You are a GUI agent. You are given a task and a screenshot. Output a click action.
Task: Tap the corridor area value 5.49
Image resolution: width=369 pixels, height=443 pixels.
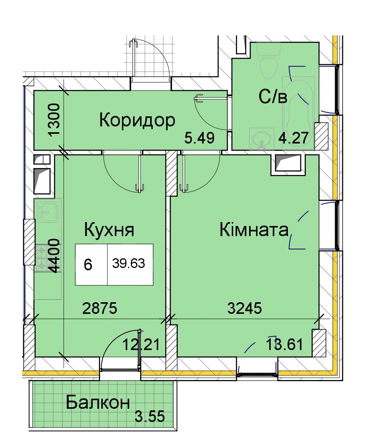(199, 138)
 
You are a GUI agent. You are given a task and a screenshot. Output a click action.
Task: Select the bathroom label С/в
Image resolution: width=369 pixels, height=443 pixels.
(273, 96)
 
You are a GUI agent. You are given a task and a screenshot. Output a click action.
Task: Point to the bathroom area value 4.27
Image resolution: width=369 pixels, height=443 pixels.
(293, 138)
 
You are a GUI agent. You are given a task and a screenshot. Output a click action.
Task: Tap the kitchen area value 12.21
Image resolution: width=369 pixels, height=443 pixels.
(141, 344)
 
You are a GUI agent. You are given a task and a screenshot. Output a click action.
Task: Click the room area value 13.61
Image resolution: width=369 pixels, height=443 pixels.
(284, 344)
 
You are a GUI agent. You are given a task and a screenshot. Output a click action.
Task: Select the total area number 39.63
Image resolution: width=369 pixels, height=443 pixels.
(128, 263)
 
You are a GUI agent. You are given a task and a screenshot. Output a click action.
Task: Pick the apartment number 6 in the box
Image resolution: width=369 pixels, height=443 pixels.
(88, 265)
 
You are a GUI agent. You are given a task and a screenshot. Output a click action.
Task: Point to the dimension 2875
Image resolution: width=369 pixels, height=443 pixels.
(99, 308)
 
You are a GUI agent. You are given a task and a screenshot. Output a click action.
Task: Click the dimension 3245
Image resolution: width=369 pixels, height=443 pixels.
(244, 308)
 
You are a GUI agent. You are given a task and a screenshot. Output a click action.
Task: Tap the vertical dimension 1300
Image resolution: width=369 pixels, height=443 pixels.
(54, 119)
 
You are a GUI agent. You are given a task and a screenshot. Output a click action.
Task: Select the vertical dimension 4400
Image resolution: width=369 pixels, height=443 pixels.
(54, 256)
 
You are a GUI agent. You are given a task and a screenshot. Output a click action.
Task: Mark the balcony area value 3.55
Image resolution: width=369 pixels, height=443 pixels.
(149, 416)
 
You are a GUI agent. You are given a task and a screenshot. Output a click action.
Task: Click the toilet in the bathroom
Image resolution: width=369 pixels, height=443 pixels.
(269, 61)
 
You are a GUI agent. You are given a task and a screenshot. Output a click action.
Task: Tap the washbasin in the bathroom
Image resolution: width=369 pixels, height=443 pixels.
(262, 139)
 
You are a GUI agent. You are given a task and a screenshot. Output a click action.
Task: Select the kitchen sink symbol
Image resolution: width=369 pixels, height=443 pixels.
(47, 210)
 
